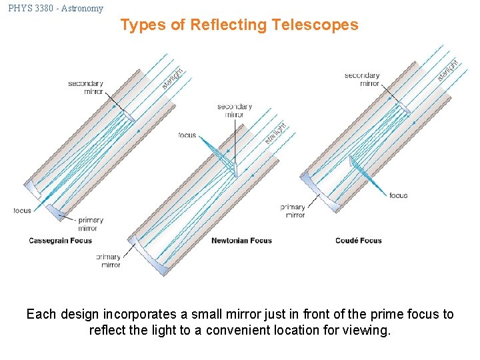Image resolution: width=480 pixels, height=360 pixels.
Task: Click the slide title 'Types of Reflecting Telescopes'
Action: point(239,25)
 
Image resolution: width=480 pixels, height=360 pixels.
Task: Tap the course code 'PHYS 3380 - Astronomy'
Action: point(56,8)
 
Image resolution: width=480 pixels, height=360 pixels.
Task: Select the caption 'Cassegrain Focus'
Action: point(61,241)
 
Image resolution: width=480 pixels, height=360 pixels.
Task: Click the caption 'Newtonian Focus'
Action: point(241,241)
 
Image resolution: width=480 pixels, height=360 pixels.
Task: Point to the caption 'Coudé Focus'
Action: point(359,241)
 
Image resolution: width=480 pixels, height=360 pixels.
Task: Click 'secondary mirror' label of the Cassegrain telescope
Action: point(85,88)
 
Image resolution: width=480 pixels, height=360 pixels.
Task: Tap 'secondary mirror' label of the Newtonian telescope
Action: point(235,111)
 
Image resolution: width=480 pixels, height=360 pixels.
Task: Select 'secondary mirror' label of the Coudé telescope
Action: point(362,79)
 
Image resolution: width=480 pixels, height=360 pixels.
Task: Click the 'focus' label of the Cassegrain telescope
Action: point(22,211)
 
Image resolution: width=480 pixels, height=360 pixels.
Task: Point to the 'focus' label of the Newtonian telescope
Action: point(187,135)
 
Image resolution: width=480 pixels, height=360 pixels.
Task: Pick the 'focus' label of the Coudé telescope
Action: point(398,196)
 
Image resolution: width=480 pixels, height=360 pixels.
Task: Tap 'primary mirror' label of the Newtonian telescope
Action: point(109,261)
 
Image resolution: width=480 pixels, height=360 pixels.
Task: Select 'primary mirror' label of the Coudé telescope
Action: point(293,211)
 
